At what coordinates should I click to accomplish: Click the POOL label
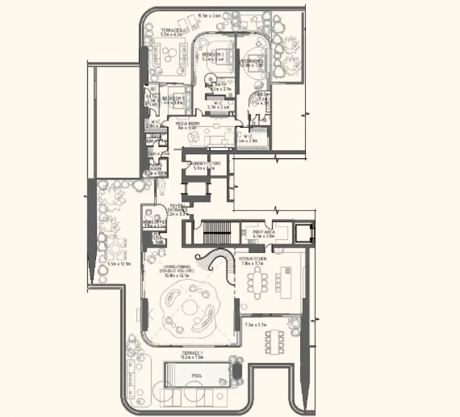tap(197, 376)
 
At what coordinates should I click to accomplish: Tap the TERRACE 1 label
tap(192, 353)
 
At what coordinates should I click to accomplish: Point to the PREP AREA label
tap(265, 232)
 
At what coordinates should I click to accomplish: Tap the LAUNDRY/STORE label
tap(204, 164)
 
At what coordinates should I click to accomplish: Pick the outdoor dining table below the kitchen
tap(275, 342)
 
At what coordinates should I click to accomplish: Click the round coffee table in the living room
tap(189, 309)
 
